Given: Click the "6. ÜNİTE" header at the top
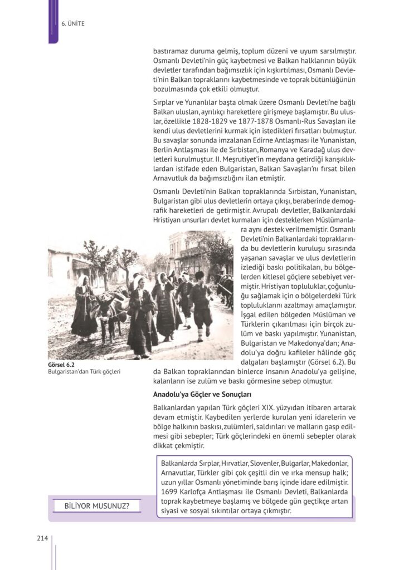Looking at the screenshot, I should [73, 24].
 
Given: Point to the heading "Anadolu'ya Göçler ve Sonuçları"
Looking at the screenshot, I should [204, 395].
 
